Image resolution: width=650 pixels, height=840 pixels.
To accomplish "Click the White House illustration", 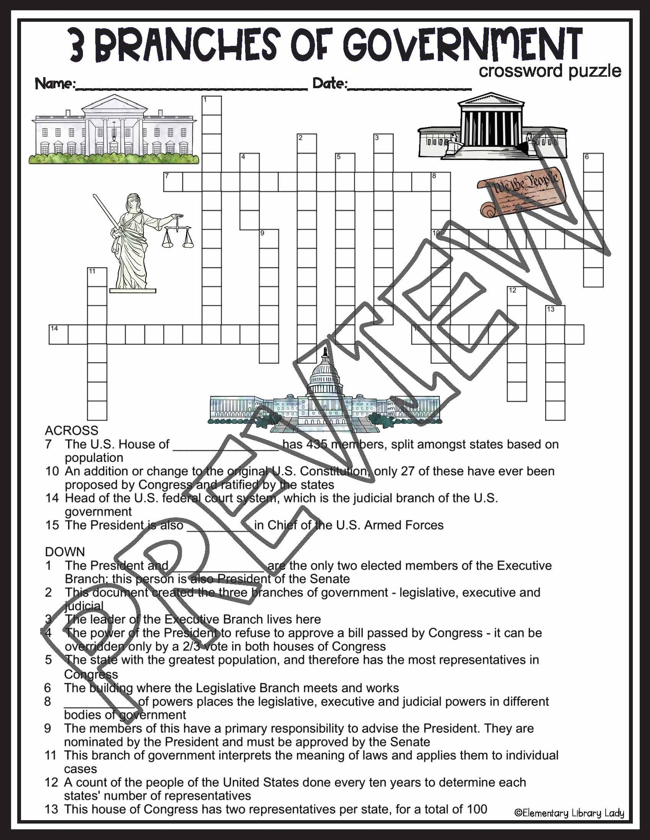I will (x=114, y=131).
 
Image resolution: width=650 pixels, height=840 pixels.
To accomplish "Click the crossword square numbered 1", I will (x=212, y=106).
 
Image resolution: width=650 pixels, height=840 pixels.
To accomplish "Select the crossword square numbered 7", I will (x=173, y=182).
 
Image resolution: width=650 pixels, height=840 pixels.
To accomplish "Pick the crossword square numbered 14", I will (x=58, y=334).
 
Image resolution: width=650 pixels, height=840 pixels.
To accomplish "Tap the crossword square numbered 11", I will (x=97, y=277).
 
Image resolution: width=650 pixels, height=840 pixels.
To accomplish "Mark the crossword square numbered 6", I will (x=593, y=163).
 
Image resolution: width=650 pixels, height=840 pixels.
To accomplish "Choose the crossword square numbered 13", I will (x=555, y=315).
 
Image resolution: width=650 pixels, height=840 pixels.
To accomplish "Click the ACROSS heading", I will (x=71, y=430).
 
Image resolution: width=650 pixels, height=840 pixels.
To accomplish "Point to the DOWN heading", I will (x=65, y=552).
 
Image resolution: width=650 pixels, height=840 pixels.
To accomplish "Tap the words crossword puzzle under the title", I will (x=549, y=71).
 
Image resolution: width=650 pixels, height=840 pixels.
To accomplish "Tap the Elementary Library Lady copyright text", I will (x=569, y=813).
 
